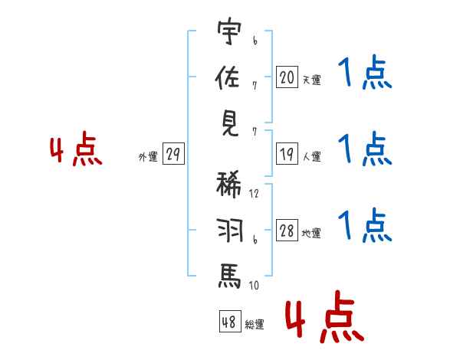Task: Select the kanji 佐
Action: click(230, 78)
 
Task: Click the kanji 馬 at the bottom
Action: click(230, 275)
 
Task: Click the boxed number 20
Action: click(286, 77)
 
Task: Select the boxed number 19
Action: click(286, 155)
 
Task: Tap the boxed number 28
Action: click(286, 231)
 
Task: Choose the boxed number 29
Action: click(172, 155)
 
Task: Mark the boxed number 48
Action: click(229, 322)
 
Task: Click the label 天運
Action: click(311, 80)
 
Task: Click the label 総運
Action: click(255, 324)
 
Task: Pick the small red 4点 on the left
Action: click(75, 151)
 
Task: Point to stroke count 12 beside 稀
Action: click(255, 193)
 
